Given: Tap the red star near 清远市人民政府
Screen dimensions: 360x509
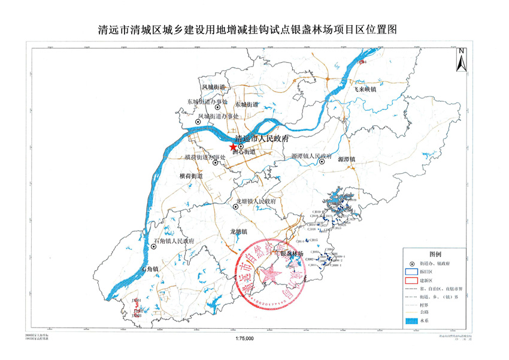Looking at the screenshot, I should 232,147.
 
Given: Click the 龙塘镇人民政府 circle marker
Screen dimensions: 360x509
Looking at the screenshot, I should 236,207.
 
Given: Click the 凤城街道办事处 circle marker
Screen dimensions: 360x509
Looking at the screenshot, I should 198,122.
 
